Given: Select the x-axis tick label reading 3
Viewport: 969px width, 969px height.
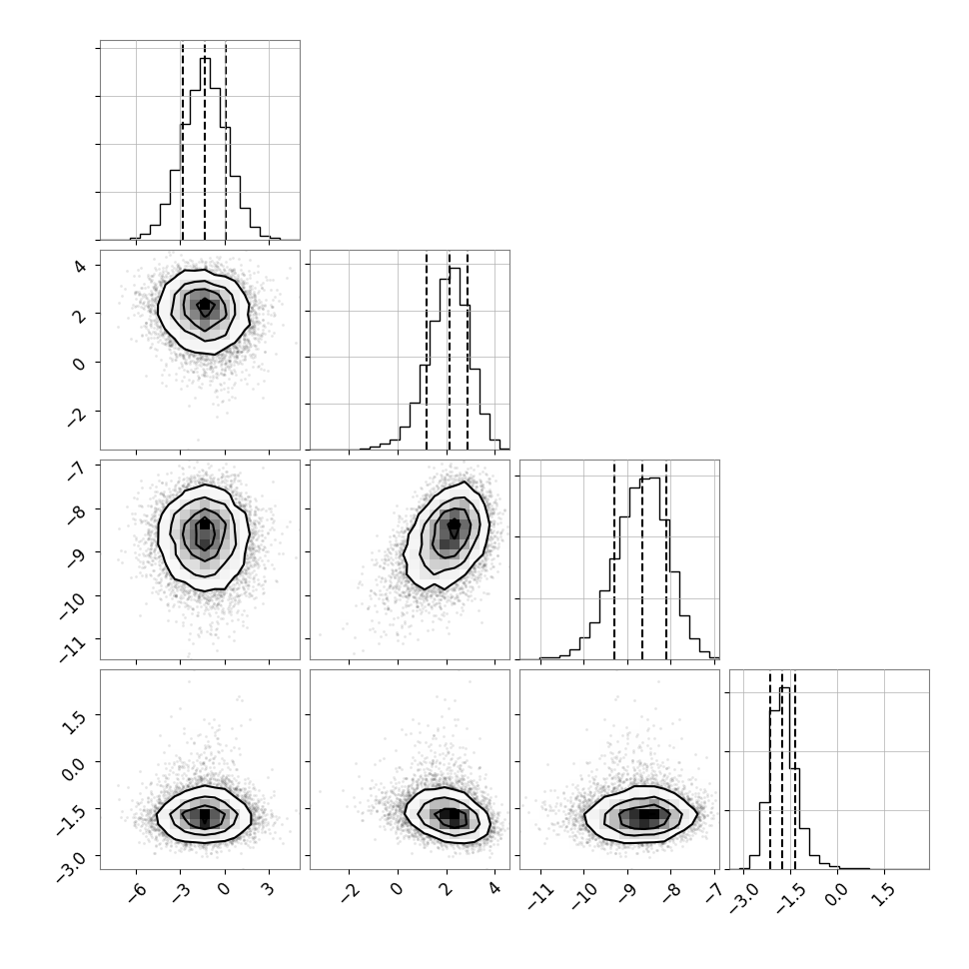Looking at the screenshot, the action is pyautogui.click(x=268, y=890).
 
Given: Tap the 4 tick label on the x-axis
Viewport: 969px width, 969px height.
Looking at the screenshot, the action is pyautogui.click(x=493, y=890).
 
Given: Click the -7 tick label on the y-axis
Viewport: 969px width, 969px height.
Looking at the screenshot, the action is pyautogui.click(x=77, y=471).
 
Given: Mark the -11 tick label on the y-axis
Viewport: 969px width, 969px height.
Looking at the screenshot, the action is pyautogui.click(x=73, y=648).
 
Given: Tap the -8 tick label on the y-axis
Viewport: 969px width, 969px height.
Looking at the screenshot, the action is pyautogui.click(x=77, y=515).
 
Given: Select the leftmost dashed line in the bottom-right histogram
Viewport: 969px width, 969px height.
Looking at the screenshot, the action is pyautogui.click(x=770, y=769).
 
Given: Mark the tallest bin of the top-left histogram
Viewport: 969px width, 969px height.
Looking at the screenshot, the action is pyautogui.click(x=205, y=149).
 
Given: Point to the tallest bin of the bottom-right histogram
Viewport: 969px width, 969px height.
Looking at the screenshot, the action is pyautogui.click(x=785, y=778).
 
